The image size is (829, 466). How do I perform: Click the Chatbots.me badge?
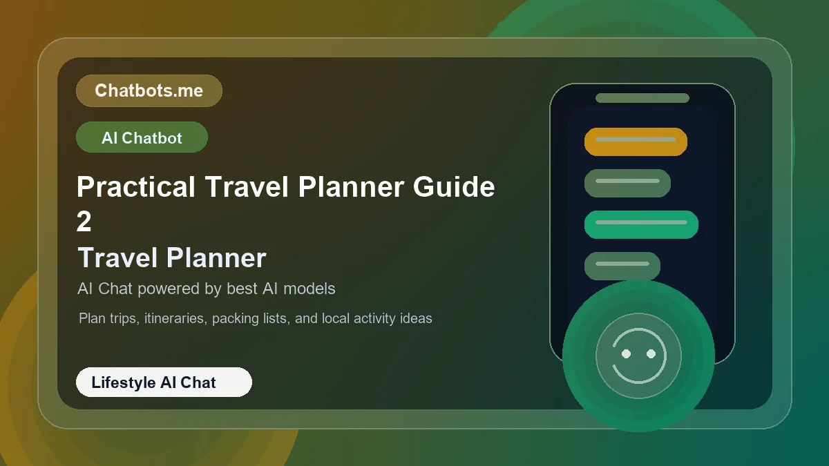(x=149, y=90)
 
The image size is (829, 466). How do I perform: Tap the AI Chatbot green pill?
(x=142, y=137)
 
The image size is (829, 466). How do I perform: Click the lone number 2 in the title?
(x=84, y=222)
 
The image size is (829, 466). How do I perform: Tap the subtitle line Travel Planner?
(x=172, y=258)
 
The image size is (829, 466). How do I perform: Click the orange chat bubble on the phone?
(x=636, y=142)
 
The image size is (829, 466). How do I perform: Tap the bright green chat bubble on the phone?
(x=641, y=224)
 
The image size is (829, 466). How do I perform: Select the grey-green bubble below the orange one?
(x=627, y=183)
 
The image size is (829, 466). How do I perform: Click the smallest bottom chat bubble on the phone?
(x=622, y=266)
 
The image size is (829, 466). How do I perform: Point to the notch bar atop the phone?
(x=642, y=98)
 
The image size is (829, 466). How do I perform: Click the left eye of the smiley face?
(x=626, y=353)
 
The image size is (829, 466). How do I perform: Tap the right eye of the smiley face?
(x=651, y=353)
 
